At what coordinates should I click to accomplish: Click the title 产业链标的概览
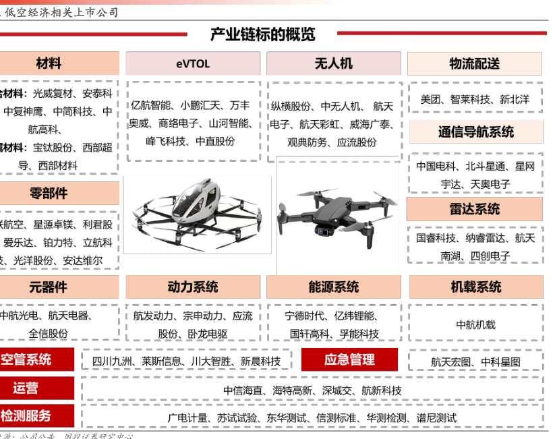point(262,34)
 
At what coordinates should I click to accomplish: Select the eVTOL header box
point(193,64)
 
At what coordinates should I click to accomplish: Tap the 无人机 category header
point(333,64)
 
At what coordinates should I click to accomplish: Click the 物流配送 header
point(475,64)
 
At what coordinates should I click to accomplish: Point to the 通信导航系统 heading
point(475,131)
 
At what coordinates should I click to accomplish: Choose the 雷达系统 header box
point(475,209)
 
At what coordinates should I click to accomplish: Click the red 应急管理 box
point(349,359)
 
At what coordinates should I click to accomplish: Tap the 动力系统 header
point(193,287)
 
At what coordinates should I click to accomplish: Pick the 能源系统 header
point(334,287)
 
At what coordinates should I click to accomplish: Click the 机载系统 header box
point(475,287)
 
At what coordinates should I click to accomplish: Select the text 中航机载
point(475,324)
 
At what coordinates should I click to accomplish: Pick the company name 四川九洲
point(113,361)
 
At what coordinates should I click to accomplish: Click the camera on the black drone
point(324,230)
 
